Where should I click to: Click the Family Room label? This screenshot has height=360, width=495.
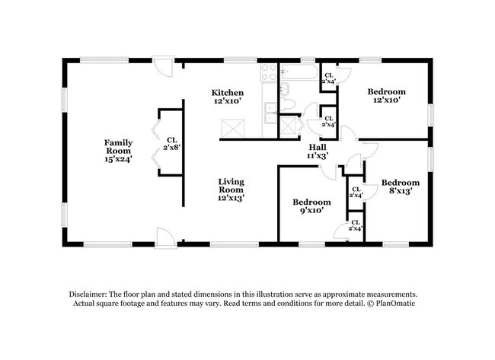pos(118,151)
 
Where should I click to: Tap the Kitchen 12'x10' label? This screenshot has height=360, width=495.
pos(227,97)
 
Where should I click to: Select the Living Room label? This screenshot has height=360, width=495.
pos(231,190)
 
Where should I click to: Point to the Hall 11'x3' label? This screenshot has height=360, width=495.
pos(318,151)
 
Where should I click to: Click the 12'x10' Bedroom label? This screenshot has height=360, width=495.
pos(386,96)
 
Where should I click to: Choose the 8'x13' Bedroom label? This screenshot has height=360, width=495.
pos(401,186)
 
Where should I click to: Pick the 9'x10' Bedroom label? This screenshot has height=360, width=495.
pos(311,206)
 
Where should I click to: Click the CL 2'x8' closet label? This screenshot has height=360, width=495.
pos(172,143)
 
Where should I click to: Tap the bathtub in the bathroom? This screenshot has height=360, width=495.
pos(299,72)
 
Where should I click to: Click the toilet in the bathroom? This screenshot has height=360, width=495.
pos(287,104)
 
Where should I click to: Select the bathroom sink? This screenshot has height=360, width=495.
pos(285,89)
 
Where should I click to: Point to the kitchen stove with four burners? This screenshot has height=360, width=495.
pos(269,72)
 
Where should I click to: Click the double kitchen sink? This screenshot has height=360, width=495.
pos(271,113)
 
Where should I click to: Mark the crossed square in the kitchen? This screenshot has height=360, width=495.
pos(233,129)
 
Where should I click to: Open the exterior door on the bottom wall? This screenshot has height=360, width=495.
pos(165,237)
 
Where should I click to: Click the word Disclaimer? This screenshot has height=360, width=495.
pos(88,295)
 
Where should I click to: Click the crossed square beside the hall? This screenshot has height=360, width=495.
pos(289,126)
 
